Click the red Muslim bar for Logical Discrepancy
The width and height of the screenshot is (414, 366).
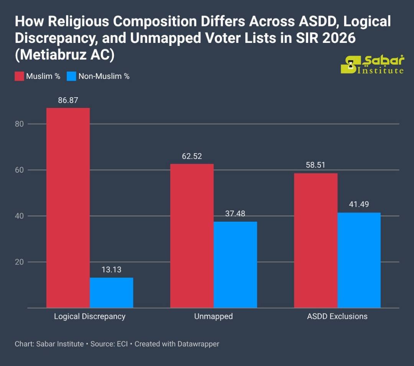click(x=68, y=208)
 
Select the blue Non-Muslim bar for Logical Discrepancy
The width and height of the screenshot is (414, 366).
click(x=112, y=292)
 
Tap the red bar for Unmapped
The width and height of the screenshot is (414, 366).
click(x=192, y=236)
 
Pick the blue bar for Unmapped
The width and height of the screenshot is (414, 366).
click(x=235, y=265)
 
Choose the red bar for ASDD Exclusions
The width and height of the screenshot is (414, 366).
click(x=315, y=240)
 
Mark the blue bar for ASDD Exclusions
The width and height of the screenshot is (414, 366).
click(x=359, y=260)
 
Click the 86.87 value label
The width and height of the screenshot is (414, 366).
click(x=68, y=100)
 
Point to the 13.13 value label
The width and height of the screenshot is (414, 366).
click(x=112, y=270)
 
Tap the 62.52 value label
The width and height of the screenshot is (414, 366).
click(x=192, y=156)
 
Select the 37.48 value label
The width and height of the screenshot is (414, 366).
click(x=235, y=214)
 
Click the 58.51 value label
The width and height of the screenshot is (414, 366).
click(x=315, y=165)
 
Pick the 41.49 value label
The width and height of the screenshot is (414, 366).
click(x=359, y=204)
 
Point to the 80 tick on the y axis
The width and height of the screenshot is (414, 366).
click(x=20, y=124)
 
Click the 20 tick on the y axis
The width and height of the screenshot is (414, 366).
click(x=20, y=262)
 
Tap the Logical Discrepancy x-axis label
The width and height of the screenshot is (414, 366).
click(x=90, y=317)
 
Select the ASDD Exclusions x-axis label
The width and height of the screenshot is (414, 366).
click(x=337, y=317)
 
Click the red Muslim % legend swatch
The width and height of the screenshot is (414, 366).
click(x=19, y=76)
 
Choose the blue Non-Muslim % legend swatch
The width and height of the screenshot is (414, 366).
click(x=71, y=76)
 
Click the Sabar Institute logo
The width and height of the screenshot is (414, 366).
click(x=372, y=65)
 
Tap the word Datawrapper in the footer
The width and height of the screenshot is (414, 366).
click(x=198, y=344)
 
